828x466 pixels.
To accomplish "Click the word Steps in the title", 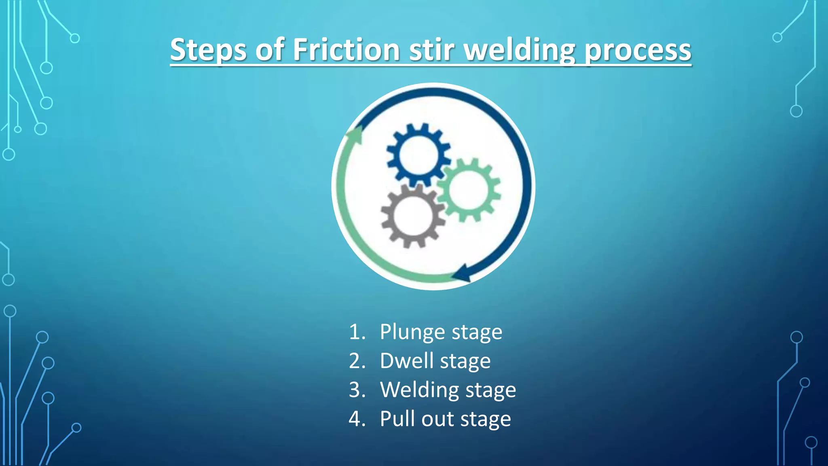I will [x=208, y=50].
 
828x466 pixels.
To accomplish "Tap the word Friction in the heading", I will [x=346, y=50].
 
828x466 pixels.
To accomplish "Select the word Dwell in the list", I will [x=406, y=361].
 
